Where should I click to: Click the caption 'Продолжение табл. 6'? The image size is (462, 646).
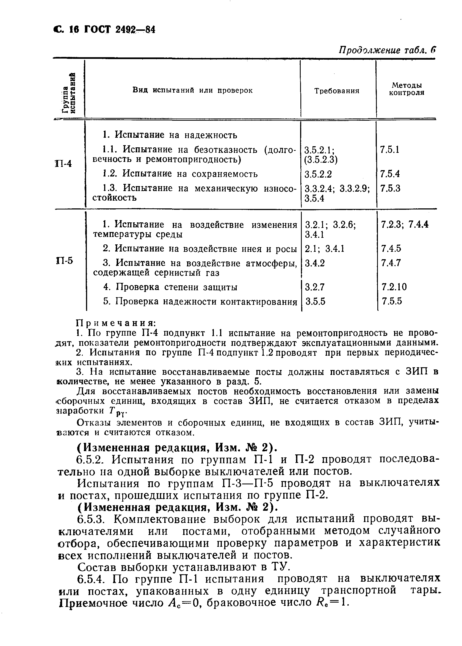click(x=387, y=51)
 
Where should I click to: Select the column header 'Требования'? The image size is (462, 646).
click(x=337, y=91)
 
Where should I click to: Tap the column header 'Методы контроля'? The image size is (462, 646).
click(x=406, y=89)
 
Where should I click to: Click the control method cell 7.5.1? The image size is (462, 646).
click(x=389, y=150)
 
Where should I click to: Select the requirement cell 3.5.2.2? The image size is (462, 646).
click(x=318, y=174)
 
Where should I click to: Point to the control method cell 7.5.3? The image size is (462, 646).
click(x=390, y=188)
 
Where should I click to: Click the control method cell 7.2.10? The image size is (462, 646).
click(x=394, y=287)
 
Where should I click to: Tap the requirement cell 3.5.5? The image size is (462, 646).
click(x=315, y=301)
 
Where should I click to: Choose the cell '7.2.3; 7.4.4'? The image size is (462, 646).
click(x=405, y=224)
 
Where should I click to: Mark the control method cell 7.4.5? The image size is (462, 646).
click(x=391, y=249)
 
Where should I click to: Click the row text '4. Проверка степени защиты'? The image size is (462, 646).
click(x=170, y=287)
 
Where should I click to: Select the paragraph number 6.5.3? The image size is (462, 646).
click(x=93, y=520)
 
